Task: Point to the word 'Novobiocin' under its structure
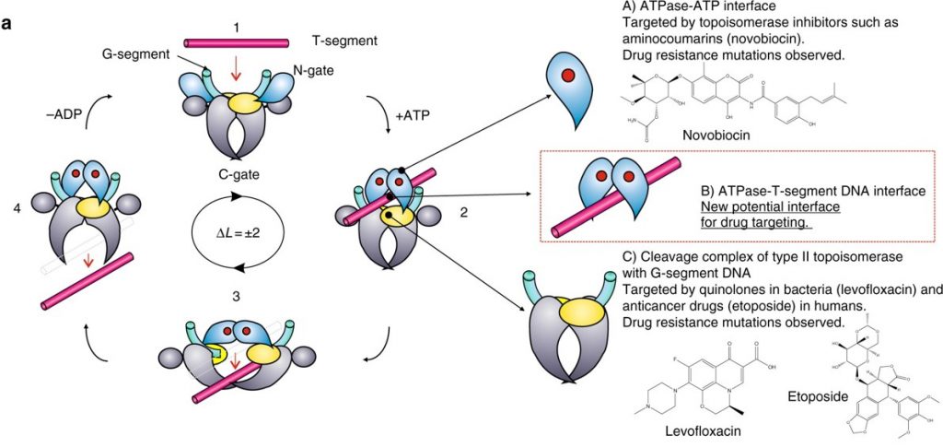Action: [x=714, y=135]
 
